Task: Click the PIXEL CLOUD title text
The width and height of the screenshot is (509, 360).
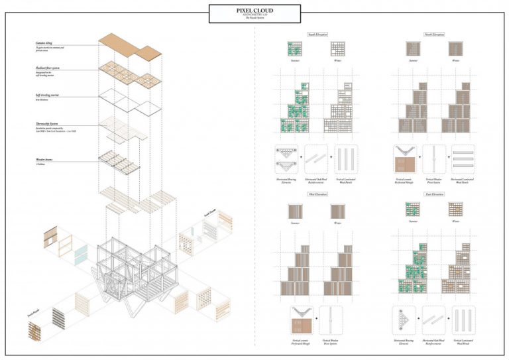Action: pos(254,11)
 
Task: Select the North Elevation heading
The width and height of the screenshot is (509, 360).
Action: pos(433,34)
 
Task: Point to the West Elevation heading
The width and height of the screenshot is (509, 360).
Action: pos(317,194)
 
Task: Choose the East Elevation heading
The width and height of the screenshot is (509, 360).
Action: pos(433,194)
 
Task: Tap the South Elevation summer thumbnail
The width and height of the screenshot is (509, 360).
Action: pos(295,49)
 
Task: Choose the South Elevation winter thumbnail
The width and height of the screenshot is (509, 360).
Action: pos(338,49)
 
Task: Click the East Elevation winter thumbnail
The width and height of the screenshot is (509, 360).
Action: pos(455,210)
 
